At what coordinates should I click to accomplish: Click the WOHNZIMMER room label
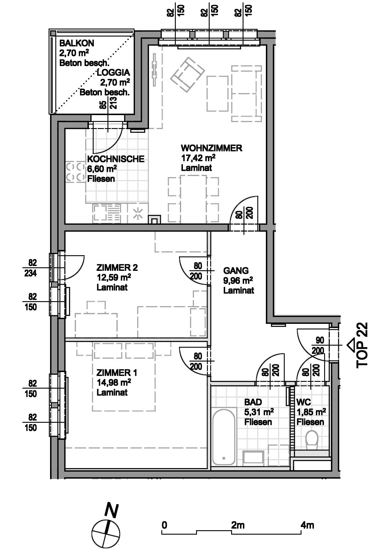(x=211, y=148)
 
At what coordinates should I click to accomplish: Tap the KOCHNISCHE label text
(x=116, y=159)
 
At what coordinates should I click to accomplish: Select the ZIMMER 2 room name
(x=117, y=268)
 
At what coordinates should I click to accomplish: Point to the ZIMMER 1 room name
(x=117, y=373)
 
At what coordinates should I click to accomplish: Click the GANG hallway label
(x=236, y=271)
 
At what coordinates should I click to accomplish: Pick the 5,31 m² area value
(x=259, y=412)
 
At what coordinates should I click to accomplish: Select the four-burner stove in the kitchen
(x=75, y=172)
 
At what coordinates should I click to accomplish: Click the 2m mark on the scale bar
(x=238, y=525)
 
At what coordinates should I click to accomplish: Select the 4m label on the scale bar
(x=307, y=525)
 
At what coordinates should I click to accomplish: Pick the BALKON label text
(x=77, y=43)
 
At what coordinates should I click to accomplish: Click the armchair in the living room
(x=188, y=74)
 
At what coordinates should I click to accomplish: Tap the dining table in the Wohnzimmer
(x=193, y=199)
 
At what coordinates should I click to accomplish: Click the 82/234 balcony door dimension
(x=31, y=268)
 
